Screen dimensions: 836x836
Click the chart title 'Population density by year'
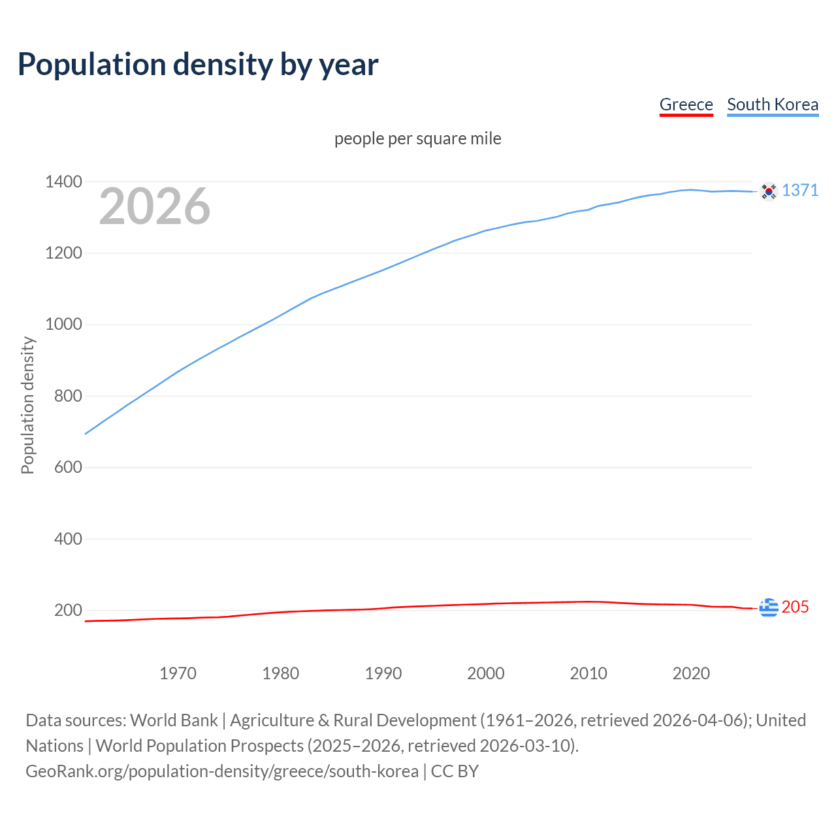click(x=198, y=65)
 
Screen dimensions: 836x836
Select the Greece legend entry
click(x=686, y=104)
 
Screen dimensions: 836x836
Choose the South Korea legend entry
click(x=772, y=104)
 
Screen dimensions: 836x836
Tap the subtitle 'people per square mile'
click(x=417, y=138)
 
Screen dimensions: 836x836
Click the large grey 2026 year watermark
click(x=155, y=206)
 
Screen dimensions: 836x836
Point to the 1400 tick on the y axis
click(x=63, y=182)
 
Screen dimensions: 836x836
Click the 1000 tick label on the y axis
click(x=63, y=325)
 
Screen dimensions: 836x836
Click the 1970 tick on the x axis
click(x=178, y=673)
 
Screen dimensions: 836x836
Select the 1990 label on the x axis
click(x=383, y=673)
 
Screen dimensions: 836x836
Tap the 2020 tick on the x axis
click(x=691, y=673)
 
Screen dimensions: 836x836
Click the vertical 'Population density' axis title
click(x=27, y=405)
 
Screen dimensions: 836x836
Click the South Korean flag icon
click(x=769, y=191)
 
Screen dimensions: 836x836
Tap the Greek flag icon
click(x=769, y=607)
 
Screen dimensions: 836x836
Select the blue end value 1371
click(x=800, y=190)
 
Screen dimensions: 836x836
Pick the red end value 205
click(x=795, y=607)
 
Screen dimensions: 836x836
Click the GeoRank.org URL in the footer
click(x=222, y=771)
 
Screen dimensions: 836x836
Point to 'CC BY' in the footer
click(x=455, y=771)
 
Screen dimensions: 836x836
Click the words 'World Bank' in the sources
click(x=174, y=720)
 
